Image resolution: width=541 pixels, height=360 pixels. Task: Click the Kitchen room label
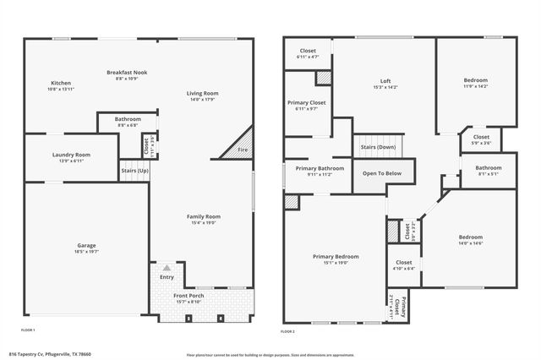(61, 83)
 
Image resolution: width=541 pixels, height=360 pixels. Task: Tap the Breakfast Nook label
(127, 73)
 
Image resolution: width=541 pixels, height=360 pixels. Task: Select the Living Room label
(203, 93)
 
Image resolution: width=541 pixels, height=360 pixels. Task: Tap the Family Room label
(203, 217)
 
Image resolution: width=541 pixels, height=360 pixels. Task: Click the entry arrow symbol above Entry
(167, 266)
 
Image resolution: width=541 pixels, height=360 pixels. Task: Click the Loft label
(385, 81)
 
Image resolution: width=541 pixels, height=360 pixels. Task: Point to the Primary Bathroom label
(320, 168)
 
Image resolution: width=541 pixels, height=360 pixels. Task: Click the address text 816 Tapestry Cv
(50, 354)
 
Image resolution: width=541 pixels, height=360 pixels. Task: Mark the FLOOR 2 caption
(288, 331)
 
